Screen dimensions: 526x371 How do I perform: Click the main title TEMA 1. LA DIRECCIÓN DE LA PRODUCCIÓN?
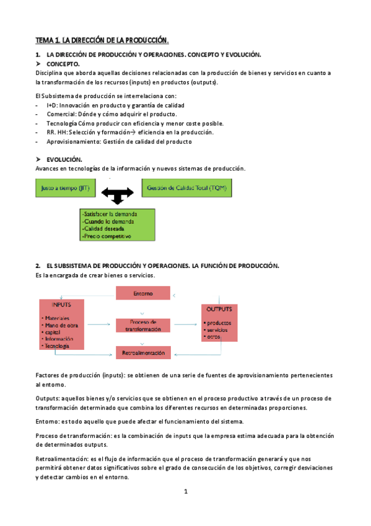click(102, 40)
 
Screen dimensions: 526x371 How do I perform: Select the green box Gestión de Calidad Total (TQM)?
click(186, 187)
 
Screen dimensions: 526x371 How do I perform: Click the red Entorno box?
click(142, 293)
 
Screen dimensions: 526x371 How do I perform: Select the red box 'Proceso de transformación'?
click(142, 326)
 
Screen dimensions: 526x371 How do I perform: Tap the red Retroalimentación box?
click(142, 352)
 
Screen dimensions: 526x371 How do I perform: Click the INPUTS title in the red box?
click(61, 306)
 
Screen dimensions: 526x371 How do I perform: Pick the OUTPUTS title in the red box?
click(219, 309)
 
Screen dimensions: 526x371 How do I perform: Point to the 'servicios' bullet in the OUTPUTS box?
click(218, 329)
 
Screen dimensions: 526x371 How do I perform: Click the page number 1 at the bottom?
click(185, 492)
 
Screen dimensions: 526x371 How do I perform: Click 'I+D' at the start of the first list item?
click(51, 105)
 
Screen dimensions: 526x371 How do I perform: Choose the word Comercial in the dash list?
click(61, 114)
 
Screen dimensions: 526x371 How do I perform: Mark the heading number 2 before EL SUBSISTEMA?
click(38, 265)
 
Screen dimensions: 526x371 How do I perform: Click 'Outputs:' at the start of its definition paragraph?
click(48, 398)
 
